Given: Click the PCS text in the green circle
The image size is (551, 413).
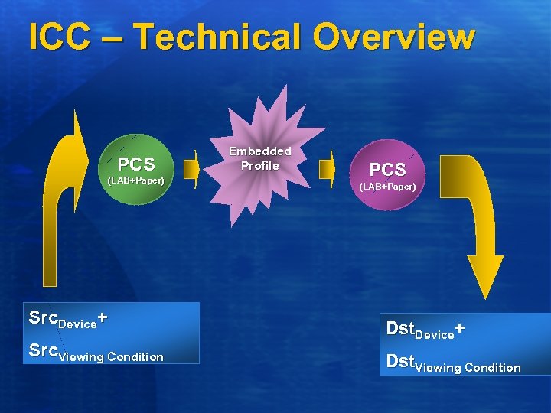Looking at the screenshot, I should pos(136,164).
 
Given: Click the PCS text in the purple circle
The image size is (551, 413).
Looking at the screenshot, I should pos(387,170).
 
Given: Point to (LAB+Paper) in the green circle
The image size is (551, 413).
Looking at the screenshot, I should pos(135,180).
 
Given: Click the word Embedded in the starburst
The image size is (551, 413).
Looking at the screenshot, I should pos(260,151).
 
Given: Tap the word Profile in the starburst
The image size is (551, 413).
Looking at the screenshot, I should pos(260,165).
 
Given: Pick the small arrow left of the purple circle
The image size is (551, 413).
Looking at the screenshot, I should pos(328,170).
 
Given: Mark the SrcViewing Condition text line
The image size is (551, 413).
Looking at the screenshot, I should pos(96,354).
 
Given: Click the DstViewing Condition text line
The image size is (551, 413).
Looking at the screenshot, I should pos(453,363).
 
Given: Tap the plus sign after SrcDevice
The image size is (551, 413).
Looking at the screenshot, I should pos(103,317).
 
